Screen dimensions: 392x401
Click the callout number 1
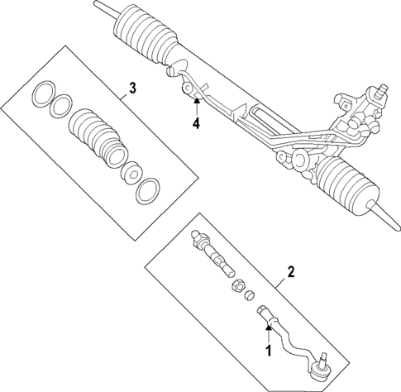[267, 350]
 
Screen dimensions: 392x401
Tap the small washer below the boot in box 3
[129, 174]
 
